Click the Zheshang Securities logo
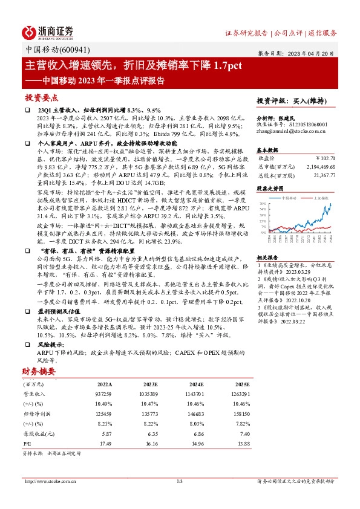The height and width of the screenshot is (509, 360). pyautogui.click(x=48, y=31)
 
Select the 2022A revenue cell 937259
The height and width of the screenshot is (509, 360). pyautogui.click(x=104, y=393)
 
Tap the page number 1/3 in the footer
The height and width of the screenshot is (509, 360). pyautogui.click(x=179, y=481)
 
